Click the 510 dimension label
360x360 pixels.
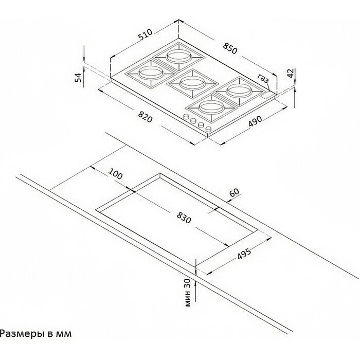pos(146,34)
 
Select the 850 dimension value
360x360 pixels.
pos(230,48)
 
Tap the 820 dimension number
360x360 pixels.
pos(145,117)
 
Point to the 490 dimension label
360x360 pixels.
pos(255,121)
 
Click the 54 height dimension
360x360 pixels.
pos(79,77)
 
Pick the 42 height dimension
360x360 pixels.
pos(291,73)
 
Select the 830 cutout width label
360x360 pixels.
pos(184,218)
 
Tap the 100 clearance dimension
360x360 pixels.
pos(115,174)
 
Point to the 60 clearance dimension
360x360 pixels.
pos(234,192)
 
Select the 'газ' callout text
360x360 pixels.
pos(263,78)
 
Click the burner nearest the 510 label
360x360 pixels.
pos(179,56)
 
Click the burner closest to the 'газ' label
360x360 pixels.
pos(239,91)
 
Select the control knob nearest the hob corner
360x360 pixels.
pos(208,129)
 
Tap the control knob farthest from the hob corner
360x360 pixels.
pos(186,117)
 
